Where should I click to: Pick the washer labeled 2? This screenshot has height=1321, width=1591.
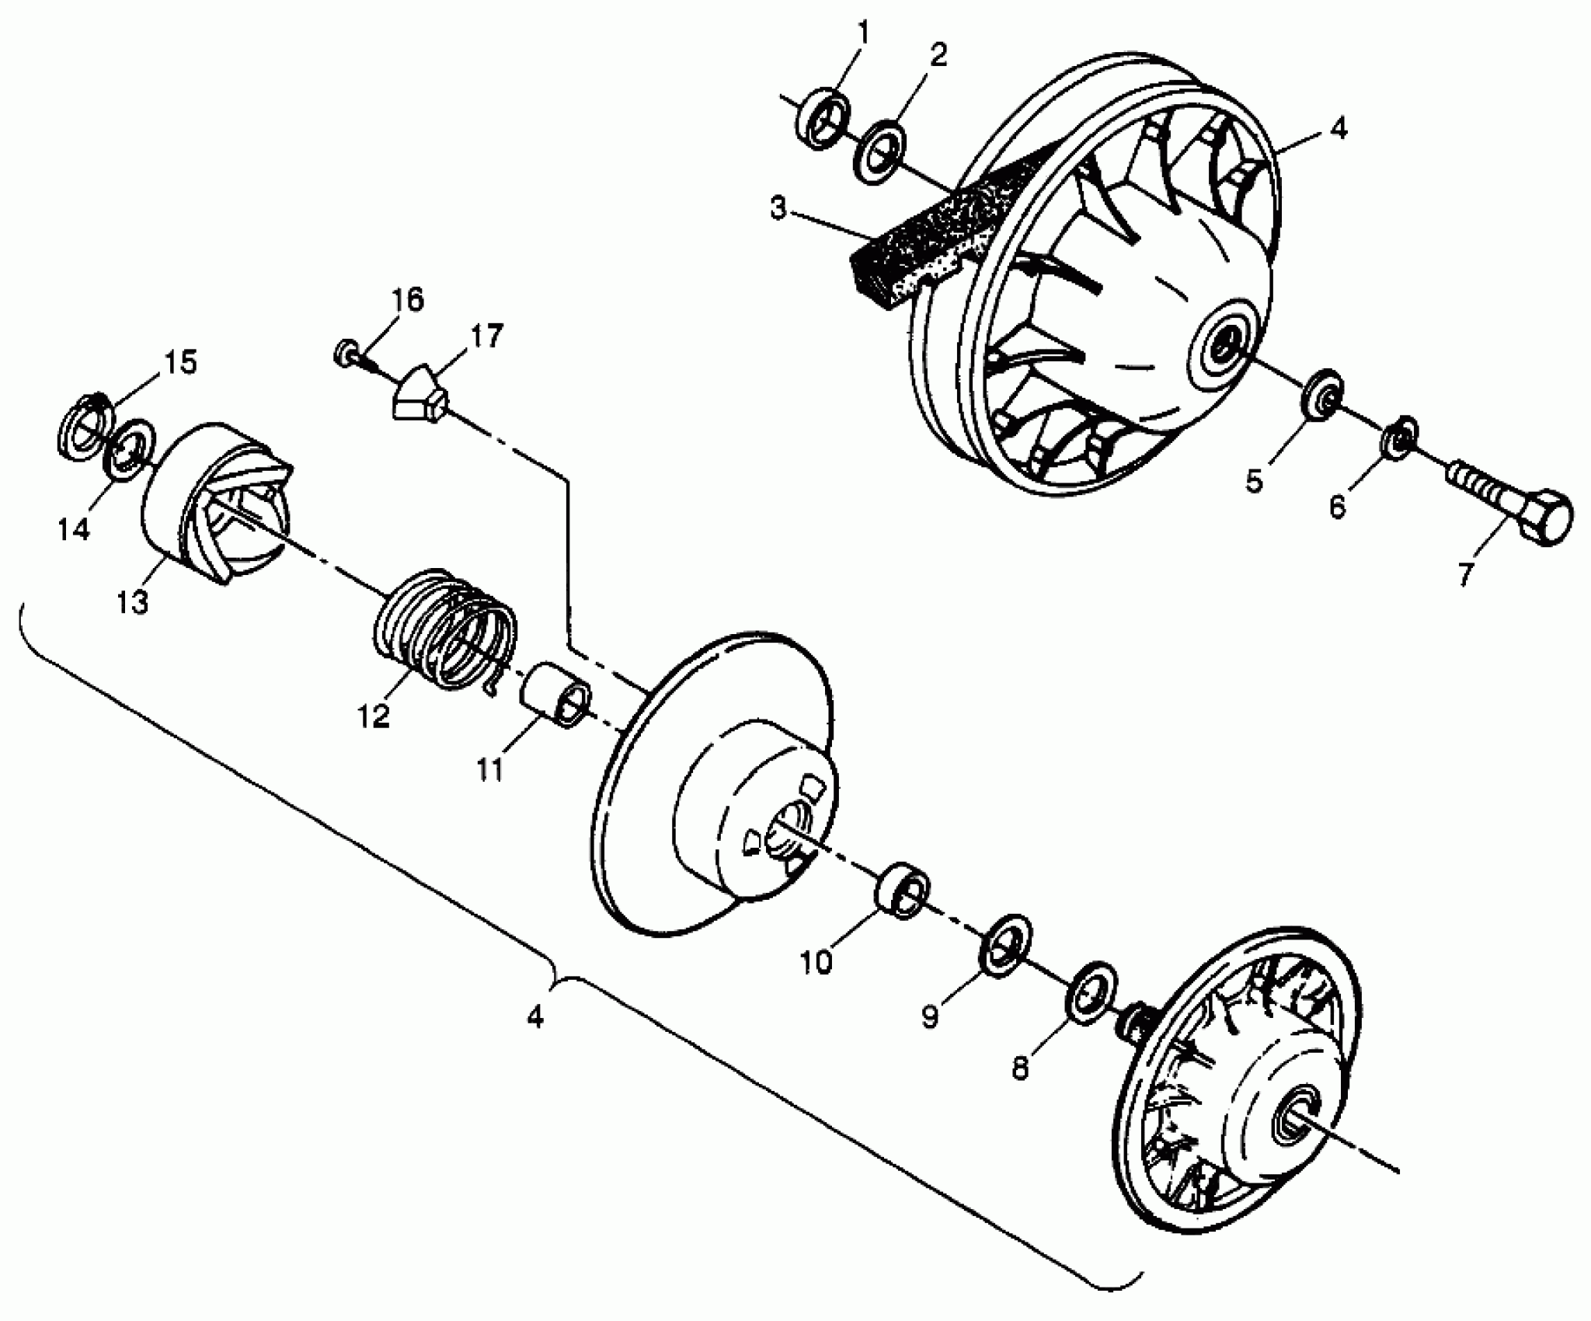tap(881, 152)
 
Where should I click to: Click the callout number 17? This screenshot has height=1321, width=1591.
tap(486, 336)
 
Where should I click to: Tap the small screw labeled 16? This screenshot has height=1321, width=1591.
tap(345, 354)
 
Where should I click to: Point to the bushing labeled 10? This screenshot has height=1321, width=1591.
tap(901, 887)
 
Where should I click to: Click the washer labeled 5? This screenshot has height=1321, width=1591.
tap(1321, 397)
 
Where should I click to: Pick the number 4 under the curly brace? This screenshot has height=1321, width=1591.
tap(534, 1016)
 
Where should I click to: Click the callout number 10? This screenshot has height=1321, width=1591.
tap(816, 961)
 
